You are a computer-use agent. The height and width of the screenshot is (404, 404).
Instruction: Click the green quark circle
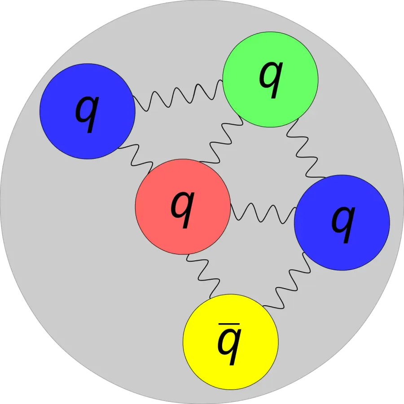(270, 79)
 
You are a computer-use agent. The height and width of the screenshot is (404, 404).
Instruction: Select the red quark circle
(183, 206)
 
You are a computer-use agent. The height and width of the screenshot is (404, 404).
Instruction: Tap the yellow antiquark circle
(231, 342)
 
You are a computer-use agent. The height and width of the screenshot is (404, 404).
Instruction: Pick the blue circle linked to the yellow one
(342, 223)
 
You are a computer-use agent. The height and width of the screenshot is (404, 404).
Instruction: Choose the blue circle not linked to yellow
(88, 111)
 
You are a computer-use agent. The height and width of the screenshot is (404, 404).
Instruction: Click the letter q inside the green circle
(271, 80)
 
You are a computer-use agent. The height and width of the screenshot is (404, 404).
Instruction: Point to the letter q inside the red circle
(183, 209)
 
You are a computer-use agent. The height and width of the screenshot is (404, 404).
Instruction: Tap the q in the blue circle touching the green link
(87, 114)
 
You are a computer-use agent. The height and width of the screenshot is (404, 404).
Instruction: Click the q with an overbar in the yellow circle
(229, 344)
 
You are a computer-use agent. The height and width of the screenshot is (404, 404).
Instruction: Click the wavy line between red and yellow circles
(203, 276)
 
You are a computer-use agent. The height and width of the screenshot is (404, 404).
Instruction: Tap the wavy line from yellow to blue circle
(286, 281)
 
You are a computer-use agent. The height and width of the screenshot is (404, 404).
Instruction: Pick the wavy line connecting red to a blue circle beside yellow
(263, 213)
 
